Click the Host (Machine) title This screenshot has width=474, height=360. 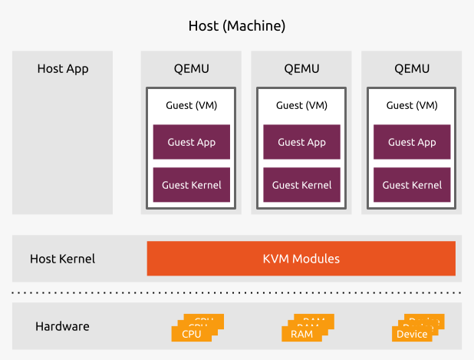[x=237, y=26]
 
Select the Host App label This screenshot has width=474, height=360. [x=63, y=69]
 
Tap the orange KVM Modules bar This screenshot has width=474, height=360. [x=301, y=259]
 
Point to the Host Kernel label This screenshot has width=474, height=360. [x=63, y=259]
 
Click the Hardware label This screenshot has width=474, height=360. [x=63, y=326]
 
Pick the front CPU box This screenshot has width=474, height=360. [x=192, y=335]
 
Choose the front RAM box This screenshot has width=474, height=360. [x=301, y=335]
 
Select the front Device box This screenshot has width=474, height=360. [x=412, y=335]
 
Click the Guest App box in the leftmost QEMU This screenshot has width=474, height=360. [x=192, y=142]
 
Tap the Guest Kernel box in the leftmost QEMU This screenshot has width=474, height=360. [x=192, y=185]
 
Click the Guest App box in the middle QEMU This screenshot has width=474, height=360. [x=301, y=142]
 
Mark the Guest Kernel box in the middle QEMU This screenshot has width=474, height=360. [x=301, y=185]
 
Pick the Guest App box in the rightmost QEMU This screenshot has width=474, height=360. [x=412, y=142]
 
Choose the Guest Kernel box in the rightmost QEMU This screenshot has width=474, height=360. [x=412, y=185]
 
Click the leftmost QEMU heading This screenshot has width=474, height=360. [x=192, y=69]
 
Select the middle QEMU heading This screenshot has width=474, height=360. [x=301, y=69]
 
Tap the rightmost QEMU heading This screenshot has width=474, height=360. [x=412, y=69]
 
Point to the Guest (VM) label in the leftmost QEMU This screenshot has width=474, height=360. [x=192, y=105]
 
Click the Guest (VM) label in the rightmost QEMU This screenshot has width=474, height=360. [x=412, y=105]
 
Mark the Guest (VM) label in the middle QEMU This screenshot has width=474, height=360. [x=301, y=105]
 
